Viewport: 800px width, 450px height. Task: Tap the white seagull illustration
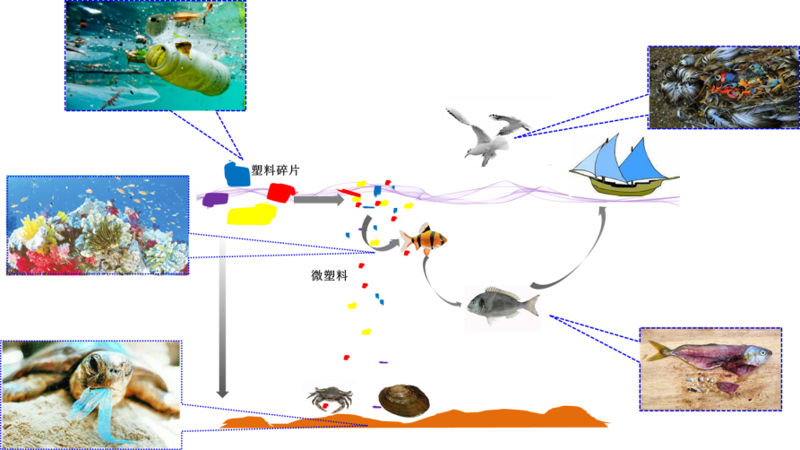[x=488, y=134]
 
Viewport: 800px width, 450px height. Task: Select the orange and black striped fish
[x=422, y=239]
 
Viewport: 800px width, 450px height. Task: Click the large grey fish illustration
[x=502, y=307]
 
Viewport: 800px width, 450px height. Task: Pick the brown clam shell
[x=401, y=399]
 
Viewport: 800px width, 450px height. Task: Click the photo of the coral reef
[x=97, y=224]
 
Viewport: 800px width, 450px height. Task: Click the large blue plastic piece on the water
[x=237, y=175]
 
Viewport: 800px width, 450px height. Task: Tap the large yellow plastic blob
[x=251, y=214]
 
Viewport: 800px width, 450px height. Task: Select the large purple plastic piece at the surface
[x=214, y=199]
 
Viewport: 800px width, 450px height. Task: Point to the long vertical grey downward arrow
[x=222, y=314]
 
